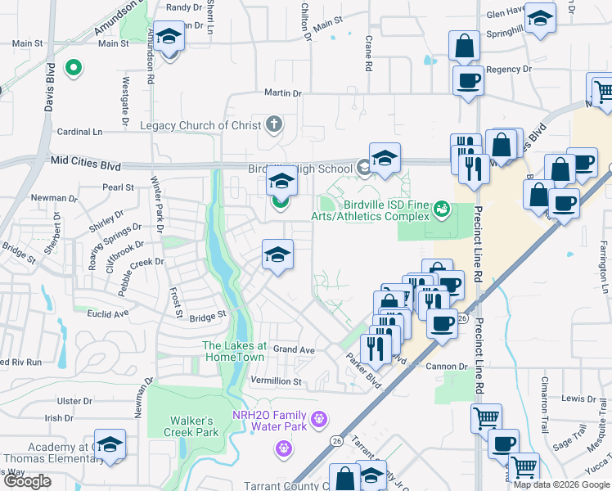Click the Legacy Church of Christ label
200,125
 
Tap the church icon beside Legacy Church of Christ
274,124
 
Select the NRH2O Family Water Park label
266,420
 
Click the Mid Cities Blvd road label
85,164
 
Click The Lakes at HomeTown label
233,351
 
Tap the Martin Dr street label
282,94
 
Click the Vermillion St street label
276,381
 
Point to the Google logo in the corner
27,481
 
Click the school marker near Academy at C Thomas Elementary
110,444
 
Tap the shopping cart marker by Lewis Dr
486,418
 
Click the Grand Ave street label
294,349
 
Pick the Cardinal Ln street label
79,131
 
